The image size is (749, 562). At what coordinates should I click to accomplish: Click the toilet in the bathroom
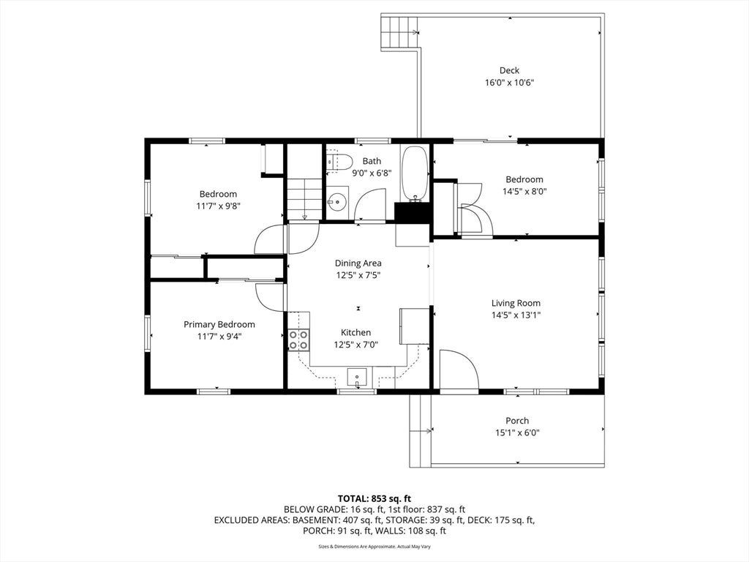339,162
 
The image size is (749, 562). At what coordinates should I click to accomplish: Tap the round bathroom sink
338,201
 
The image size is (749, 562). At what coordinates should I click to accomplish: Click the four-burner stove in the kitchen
298,340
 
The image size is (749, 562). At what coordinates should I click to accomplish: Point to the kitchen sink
357,377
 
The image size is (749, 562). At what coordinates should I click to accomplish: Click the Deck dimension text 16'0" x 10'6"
509,82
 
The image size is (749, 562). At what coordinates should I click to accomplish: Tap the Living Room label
516,303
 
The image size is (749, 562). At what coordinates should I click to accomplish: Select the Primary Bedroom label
219,324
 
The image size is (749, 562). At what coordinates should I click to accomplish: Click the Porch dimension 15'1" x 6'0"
517,433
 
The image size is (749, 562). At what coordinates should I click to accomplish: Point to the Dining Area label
358,263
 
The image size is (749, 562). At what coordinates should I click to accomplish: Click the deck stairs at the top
399,31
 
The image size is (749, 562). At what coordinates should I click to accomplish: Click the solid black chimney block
413,212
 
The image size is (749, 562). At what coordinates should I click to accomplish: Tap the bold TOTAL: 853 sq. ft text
374,499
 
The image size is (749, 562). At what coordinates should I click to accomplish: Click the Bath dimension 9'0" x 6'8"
372,173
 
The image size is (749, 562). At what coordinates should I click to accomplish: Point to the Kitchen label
355,333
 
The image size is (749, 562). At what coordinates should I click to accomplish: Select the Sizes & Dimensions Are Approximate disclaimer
374,546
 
